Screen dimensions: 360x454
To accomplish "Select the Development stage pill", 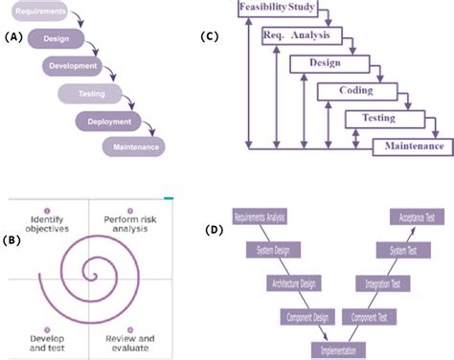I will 71,66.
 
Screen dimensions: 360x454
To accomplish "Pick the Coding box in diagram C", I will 355,91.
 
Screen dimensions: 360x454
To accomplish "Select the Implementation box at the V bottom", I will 338,349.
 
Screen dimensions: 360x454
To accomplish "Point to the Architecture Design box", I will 295,283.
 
